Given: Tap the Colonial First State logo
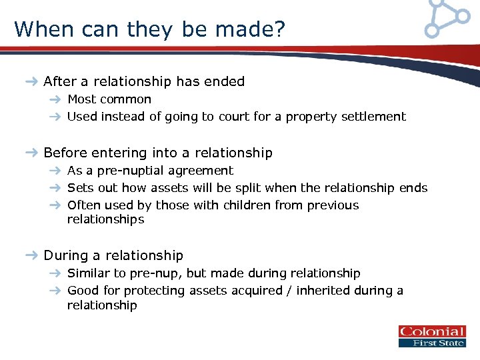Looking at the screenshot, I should point(432,336).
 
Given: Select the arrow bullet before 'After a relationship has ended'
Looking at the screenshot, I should point(31,82).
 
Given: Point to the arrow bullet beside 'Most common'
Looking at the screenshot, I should point(56,100).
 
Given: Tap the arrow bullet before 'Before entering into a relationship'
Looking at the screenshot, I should point(31,153).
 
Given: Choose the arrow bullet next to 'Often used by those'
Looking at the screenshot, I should point(56,205).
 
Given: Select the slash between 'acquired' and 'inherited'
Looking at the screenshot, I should point(291,291).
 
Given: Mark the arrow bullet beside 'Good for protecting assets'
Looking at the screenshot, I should point(56,291).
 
